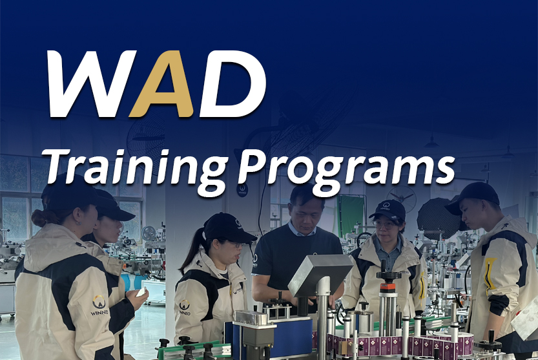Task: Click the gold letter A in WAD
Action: [x=162, y=84]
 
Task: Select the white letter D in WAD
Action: [x=233, y=84]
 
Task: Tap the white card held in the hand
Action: [x=141, y=292]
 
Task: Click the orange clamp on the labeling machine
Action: [x=388, y=288]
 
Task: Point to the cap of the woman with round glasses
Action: [x=388, y=209]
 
